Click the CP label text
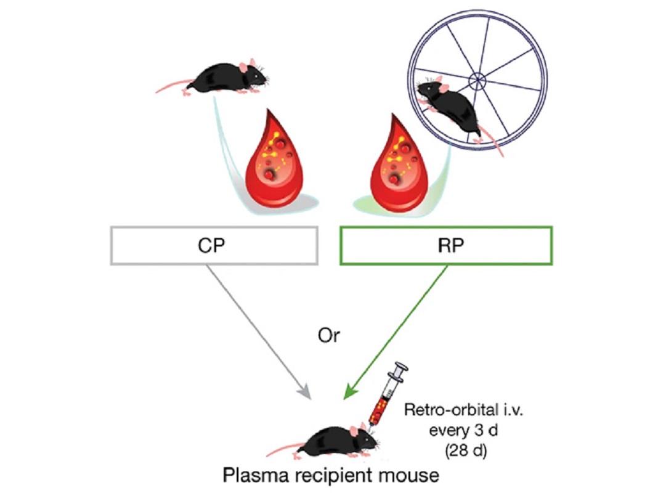pos(211,245)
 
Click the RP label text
pos(450,245)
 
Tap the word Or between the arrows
pos(328,336)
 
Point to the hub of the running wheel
pos(477,80)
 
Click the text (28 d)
pos(466,450)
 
